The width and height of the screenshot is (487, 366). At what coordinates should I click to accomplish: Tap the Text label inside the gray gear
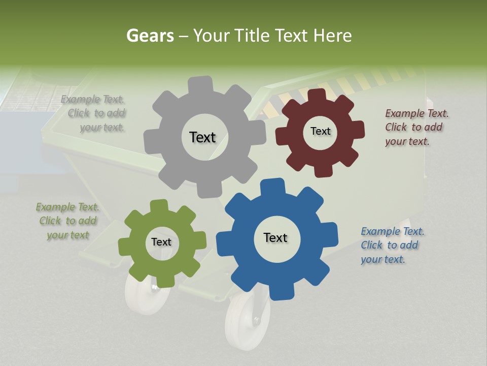click(202, 137)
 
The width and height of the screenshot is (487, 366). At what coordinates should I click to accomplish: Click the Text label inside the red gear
click(320, 131)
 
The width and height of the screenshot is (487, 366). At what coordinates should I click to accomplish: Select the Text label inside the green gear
click(161, 242)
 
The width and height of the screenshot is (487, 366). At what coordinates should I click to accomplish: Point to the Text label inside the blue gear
click(275, 237)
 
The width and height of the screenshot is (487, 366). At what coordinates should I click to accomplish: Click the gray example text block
click(93, 113)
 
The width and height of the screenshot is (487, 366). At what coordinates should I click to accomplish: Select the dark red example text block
click(416, 127)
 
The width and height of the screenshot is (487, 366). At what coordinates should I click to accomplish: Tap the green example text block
click(67, 221)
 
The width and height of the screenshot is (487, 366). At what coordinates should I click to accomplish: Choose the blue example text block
click(392, 245)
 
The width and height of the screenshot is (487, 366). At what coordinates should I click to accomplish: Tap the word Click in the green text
click(50, 221)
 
